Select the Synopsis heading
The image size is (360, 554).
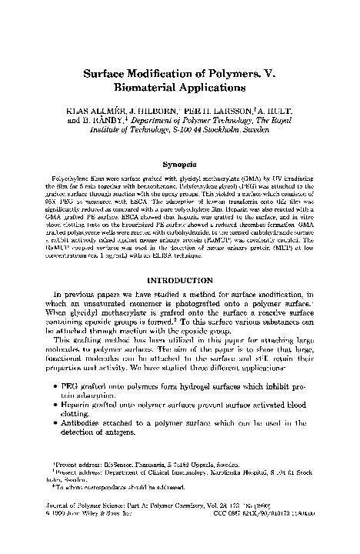click(179, 164)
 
